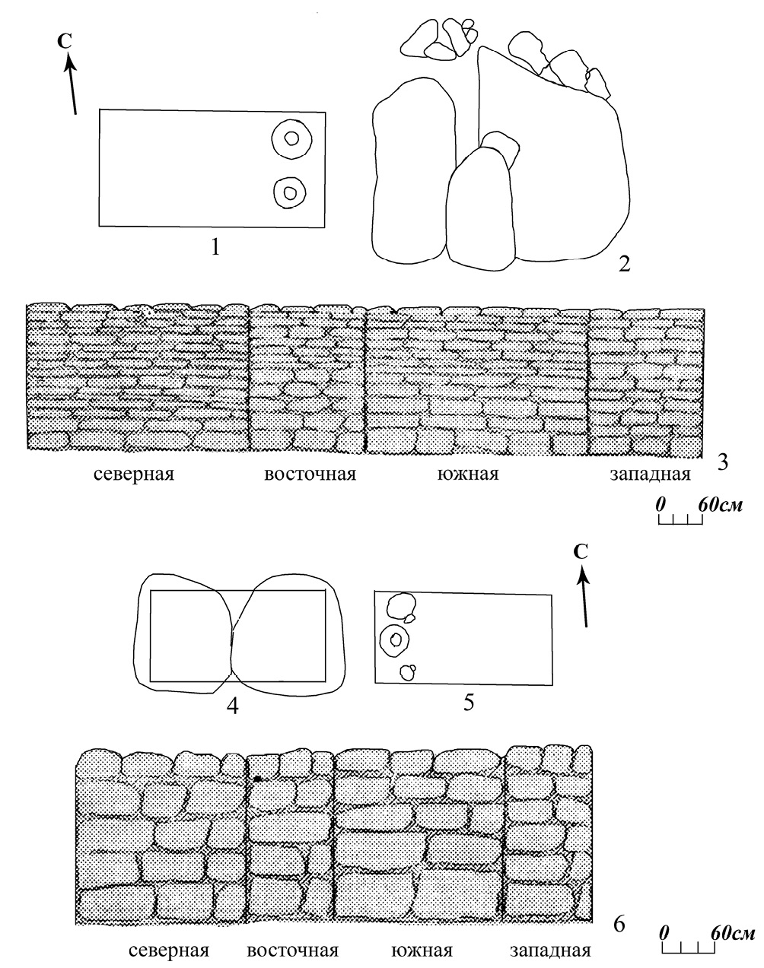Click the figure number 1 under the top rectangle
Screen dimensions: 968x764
pyautogui.click(x=216, y=246)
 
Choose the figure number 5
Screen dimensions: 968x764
pyautogui.click(x=469, y=702)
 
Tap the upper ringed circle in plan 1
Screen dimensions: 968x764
pyautogui.click(x=291, y=139)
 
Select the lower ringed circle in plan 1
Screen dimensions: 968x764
pyautogui.click(x=289, y=192)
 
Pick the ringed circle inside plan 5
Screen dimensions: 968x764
pyautogui.click(x=395, y=640)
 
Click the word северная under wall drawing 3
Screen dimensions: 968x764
pyautogui.click(x=135, y=475)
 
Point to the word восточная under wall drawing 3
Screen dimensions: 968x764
pyautogui.click(x=310, y=475)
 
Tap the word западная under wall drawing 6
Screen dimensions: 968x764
pyautogui.click(x=550, y=951)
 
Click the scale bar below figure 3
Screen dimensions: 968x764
pyautogui.click(x=680, y=520)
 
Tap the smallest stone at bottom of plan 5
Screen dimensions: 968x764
pyautogui.click(x=408, y=671)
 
